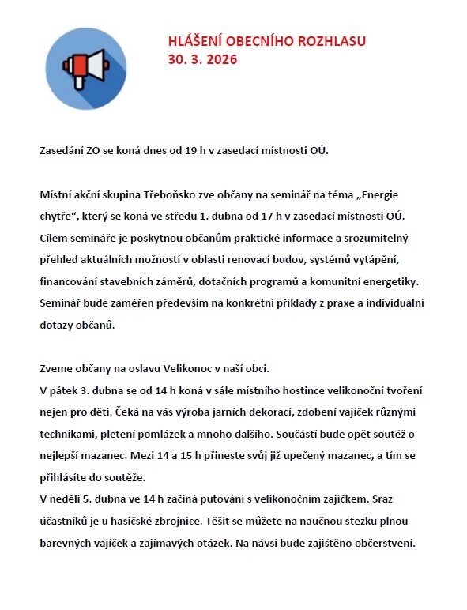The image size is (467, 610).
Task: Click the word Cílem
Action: pos(53,238)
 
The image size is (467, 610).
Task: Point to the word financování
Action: pos(73,281)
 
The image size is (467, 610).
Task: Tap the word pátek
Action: pos(66,391)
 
